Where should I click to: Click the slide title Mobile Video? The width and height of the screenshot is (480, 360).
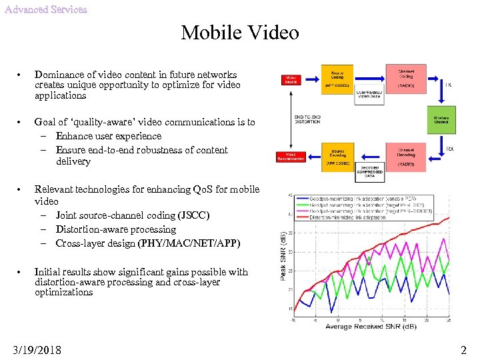(240, 32)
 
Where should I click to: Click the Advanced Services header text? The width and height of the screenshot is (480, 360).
(45, 9)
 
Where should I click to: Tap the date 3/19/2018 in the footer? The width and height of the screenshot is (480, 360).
(37, 349)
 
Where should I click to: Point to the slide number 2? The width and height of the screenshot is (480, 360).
(463, 349)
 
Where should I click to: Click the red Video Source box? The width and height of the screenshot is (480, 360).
(291, 80)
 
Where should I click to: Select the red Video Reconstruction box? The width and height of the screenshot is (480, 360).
(291, 157)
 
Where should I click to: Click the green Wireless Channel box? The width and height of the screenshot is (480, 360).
(441, 119)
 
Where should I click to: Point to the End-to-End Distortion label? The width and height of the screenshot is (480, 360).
(307, 119)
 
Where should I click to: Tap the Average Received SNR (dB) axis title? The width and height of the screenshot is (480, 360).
(371, 326)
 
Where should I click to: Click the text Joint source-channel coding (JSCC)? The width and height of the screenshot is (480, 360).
(133, 215)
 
